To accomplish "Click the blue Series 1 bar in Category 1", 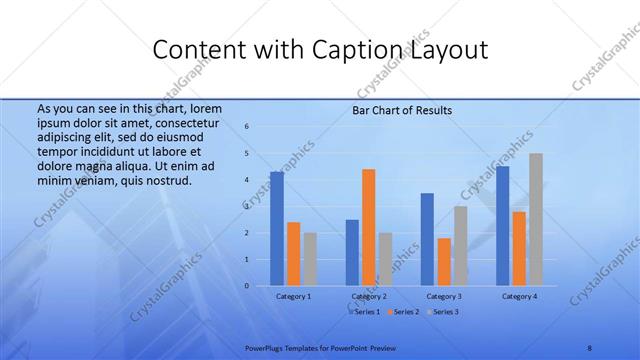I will pos(277,229).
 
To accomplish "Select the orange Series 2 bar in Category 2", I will pos(368,227).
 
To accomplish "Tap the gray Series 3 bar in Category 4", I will pos(536,219).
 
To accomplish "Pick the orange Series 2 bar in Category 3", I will pos(444,261).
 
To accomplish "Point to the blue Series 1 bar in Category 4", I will pos(502,226).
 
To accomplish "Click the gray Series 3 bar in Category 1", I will pos(310,259).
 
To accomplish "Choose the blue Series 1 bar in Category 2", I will pos(352,252).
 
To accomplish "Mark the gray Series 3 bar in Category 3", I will pos(460,246).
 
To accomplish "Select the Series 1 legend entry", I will pos(364,312).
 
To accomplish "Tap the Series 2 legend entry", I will pos(403,312).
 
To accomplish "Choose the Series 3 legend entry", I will pos(443,312).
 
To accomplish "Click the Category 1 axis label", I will pos(293,296).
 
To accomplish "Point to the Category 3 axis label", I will pos(443,296).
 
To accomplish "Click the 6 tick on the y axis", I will pos(247,127).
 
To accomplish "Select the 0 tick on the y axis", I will pos(247,286).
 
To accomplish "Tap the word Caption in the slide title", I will pos(379,50).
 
